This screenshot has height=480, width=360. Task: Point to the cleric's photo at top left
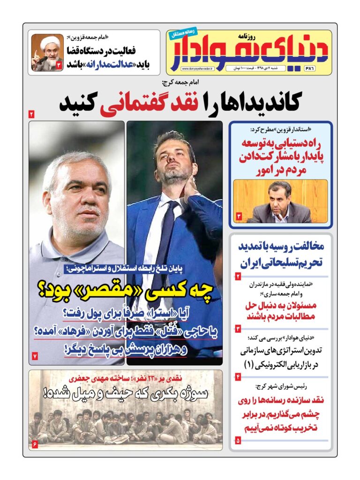[x=47, y=52]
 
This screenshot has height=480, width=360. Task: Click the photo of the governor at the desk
[x=280, y=201]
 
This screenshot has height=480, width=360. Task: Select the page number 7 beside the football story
[x=34, y=356]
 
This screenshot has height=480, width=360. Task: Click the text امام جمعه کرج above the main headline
[x=179, y=83]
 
